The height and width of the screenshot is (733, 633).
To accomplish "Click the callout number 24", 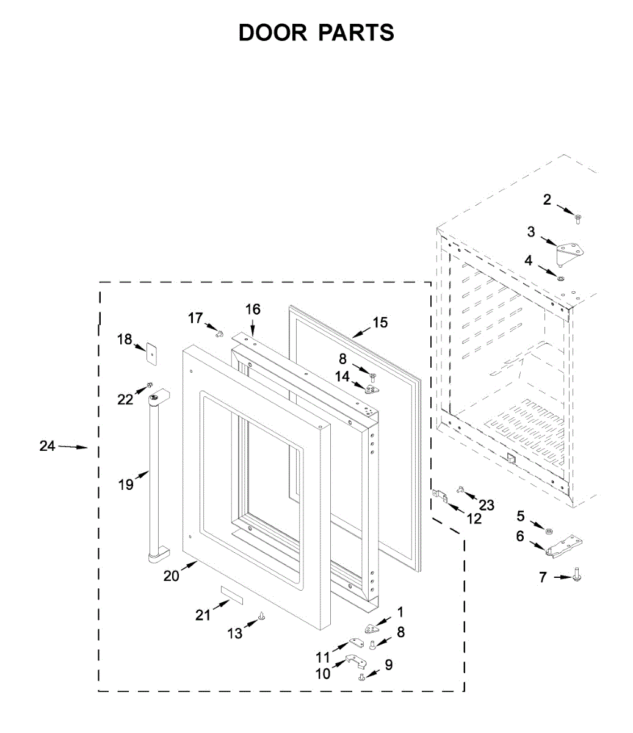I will (47, 446).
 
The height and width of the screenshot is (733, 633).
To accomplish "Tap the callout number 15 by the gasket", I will (380, 323).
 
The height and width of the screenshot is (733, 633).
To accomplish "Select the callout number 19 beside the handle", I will (126, 485).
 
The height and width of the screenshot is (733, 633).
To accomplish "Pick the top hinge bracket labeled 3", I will (570, 250).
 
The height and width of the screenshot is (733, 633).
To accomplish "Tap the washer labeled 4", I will (560, 279).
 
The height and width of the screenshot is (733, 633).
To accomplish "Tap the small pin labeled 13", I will (262, 616).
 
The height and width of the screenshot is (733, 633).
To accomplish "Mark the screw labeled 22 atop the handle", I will (148, 387).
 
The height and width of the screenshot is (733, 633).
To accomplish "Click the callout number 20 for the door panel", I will (171, 575).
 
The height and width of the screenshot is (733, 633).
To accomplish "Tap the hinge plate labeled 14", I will (371, 388).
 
